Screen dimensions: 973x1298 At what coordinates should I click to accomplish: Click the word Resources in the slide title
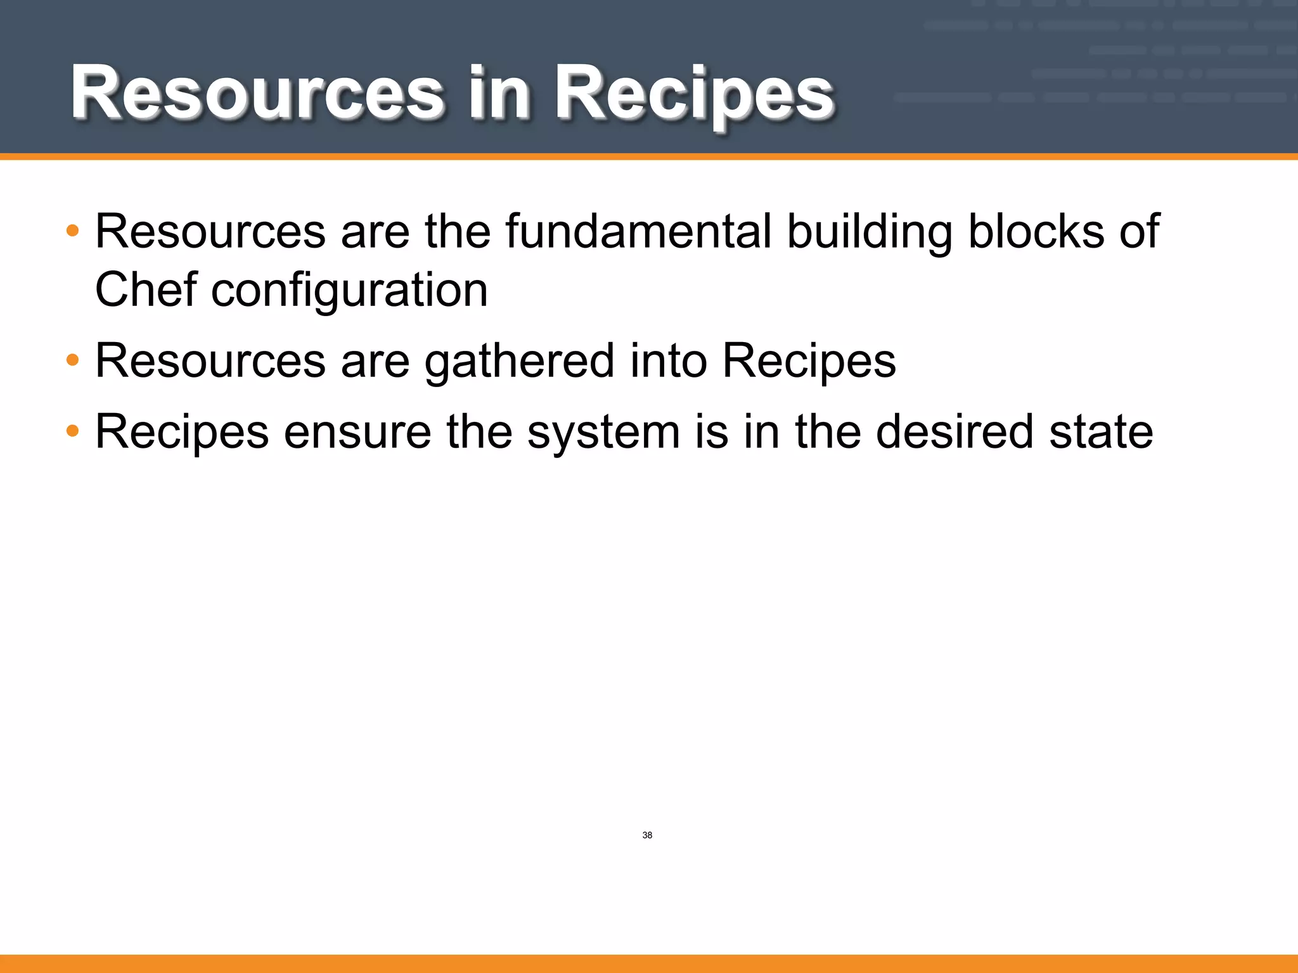pyautogui.click(x=257, y=94)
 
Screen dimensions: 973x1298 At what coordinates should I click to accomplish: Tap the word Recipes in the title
pyautogui.click(x=695, y=94)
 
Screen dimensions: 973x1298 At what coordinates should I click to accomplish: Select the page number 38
pyautogui.click(x=647, y=836)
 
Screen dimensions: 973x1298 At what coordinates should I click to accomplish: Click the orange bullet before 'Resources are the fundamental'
pyautogui.click(x=73, y=231)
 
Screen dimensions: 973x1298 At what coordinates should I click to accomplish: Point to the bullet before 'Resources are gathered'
pyautogui.click(x=73, y=360)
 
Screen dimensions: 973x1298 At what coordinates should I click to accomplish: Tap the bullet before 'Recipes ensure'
pyautogui.click(x=73, y=431)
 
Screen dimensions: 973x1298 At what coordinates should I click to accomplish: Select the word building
pyautogui.click(x=870, y=231)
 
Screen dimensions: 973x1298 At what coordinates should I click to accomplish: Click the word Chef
pyautogui.click(x=146, y=289)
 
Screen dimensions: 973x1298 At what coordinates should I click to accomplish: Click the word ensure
pyautogui.click(x=357, y=432)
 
